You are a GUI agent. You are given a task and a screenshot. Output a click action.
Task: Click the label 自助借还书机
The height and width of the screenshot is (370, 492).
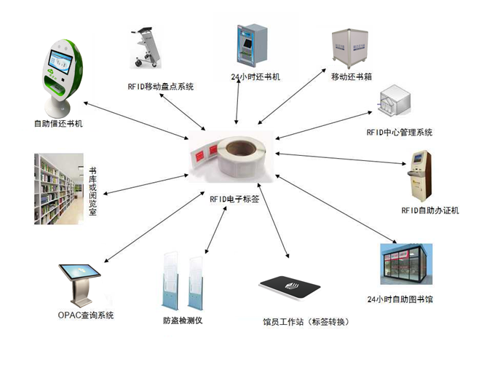click(58, 124)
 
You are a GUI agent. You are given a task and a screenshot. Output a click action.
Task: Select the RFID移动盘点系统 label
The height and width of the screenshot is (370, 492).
click(160, 87)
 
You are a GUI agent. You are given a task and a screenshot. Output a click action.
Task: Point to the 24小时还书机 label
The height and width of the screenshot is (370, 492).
click(255, 76)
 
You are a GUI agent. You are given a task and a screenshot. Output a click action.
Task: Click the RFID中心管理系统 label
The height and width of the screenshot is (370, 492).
click(400, 133)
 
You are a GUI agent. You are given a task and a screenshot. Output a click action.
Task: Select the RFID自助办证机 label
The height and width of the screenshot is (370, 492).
click(430, 211)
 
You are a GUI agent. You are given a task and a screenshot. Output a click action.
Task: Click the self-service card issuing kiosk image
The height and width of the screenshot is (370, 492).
click(421, 175)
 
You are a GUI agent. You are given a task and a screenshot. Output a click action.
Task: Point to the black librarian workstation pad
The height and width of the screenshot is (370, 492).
click(290, 288)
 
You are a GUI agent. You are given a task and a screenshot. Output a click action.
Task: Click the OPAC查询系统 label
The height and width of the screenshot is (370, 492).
click(86, 315)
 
